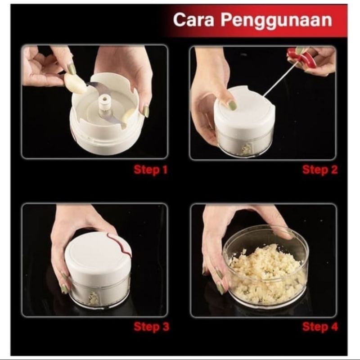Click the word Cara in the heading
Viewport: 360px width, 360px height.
click(x=193, y=20)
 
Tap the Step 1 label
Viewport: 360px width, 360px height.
click(x=151, y=170)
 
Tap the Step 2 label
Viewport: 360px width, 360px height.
click(x=320, y=170)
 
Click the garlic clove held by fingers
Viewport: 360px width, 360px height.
click(x=76, y=83)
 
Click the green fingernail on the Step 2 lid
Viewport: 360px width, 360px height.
click(x=232, y=105)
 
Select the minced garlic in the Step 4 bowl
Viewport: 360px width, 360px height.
click(x=265, y=274)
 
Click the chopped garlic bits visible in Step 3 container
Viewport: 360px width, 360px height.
click(x=94, y=298)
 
